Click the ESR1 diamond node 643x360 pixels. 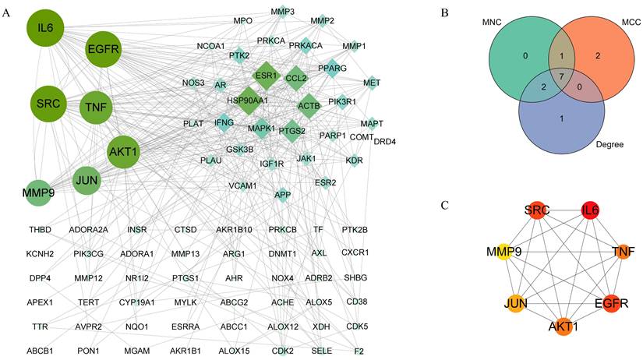266,76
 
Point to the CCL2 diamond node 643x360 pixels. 296,78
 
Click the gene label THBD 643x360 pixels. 40,230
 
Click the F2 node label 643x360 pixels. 359,351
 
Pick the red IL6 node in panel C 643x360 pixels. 590,211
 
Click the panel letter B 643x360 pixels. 443,12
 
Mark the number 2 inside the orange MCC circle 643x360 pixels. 597,55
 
